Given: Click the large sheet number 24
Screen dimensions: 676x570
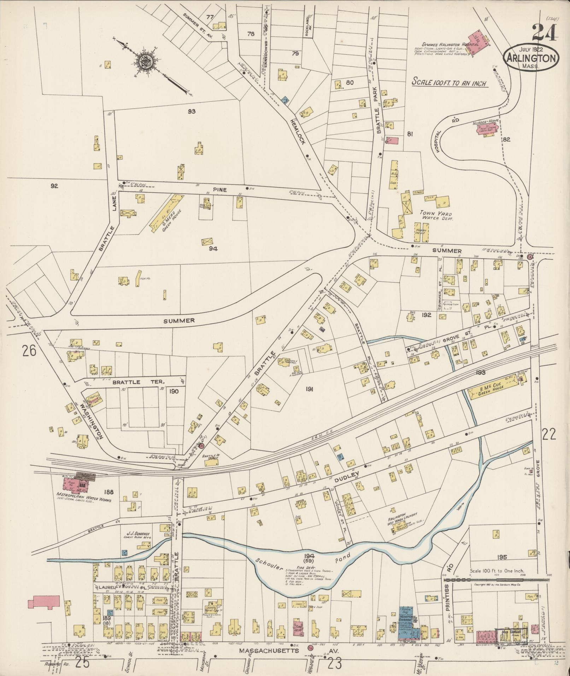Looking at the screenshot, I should pyautogui.click(x=544, y=33).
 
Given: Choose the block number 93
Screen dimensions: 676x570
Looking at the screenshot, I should pyautogui.click(x=192, y=111).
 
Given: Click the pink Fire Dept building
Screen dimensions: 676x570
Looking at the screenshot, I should pyautogui.click(x=299, y=629).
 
